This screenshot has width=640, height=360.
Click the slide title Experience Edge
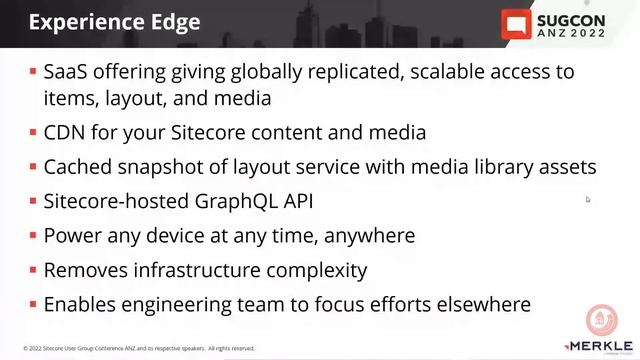pos(114,21)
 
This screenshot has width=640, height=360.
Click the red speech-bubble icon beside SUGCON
pos(517,25)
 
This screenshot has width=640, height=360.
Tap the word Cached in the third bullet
pos(78,167)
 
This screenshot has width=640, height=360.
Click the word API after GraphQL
pos(296,201)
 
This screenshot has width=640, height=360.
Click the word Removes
pos(83,270)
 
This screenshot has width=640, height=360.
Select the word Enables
pos(81,304)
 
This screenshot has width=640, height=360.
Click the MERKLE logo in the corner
pos(599,346)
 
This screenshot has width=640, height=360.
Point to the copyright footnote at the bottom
pos(139,349)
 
